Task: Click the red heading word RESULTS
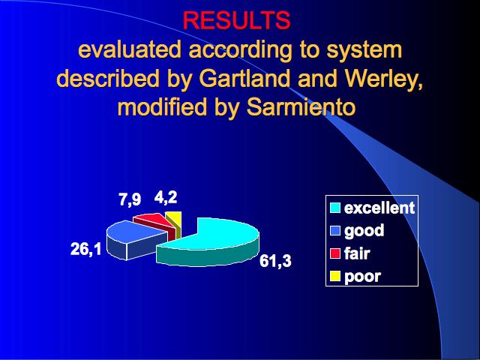[236, 20]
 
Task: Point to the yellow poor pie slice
[175, 222]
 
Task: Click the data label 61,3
[275, 262]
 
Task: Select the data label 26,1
[85, 249]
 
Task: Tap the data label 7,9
[130, 199]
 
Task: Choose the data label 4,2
[166, 197]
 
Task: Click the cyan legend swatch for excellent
[335, 208]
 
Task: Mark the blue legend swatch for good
[335, 230]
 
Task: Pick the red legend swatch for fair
[335, 253]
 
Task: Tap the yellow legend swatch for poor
[335, 276]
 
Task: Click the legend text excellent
[379, 208]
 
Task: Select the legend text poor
[362, 277]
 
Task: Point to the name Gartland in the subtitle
[244, 78]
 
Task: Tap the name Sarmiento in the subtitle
[301, 106]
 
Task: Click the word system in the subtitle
[364, 51]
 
